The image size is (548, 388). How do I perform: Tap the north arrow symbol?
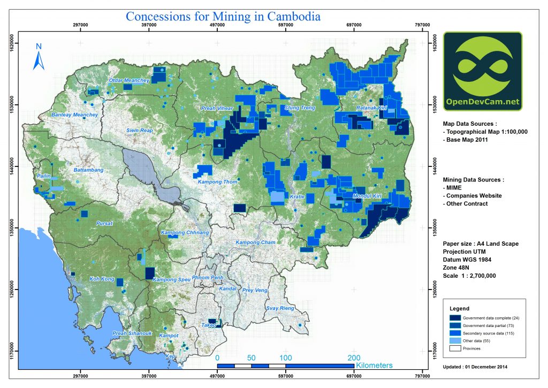38,57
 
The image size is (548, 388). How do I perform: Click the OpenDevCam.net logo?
483,71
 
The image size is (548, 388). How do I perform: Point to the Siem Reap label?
140,131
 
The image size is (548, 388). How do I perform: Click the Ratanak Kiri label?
371,109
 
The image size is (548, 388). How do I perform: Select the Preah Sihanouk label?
133,333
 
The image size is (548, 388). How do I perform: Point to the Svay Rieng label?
280,309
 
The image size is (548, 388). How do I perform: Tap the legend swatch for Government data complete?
455,318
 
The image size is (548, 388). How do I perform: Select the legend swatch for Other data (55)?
455,340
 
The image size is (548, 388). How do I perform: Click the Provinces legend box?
455,348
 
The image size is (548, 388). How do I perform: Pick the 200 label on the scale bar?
353,357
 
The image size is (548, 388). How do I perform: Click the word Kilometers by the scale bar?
374,366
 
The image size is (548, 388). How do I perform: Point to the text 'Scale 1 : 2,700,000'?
469,275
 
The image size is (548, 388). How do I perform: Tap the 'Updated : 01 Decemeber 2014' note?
475,367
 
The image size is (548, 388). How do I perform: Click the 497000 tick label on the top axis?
217,24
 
